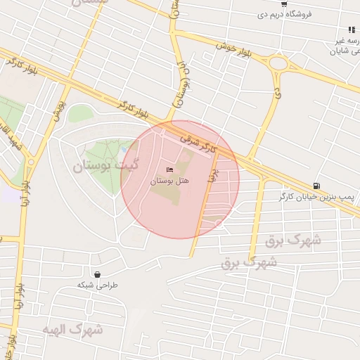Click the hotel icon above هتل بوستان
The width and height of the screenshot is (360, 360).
(x=168, y=170)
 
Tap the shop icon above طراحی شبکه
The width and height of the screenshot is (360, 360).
(x=96, y=274)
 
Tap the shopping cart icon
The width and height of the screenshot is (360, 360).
(x=283, y=4)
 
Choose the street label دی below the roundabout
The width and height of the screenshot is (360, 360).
(x=277, y=93)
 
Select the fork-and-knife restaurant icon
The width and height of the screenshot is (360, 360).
(x=350, y=30)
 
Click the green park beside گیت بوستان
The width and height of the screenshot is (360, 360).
(x=105, y=151)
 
